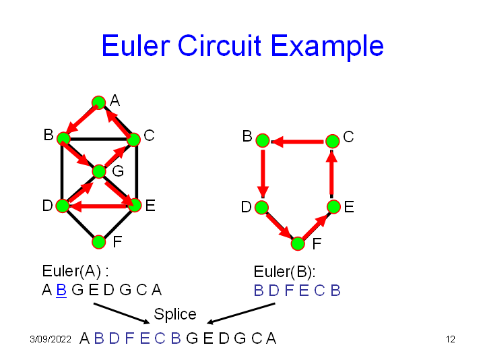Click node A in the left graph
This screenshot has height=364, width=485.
coord(98,102)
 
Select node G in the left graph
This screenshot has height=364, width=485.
coord(99,171)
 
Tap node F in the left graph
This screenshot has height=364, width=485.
coord(98,241)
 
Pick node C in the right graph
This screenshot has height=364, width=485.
coord(332,141)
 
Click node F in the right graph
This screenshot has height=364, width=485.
coord(298,243)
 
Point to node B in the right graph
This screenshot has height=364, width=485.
coord(263,141)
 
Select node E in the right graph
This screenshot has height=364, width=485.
coord(333,206)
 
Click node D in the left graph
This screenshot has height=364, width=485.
coord(62,206)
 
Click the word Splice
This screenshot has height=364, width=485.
coord(175,314)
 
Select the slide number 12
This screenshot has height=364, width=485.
coord(451,339)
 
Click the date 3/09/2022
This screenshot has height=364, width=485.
coord(51,339)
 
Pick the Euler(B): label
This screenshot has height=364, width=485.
coord(284,272)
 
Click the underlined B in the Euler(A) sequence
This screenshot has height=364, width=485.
coord(61,291)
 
